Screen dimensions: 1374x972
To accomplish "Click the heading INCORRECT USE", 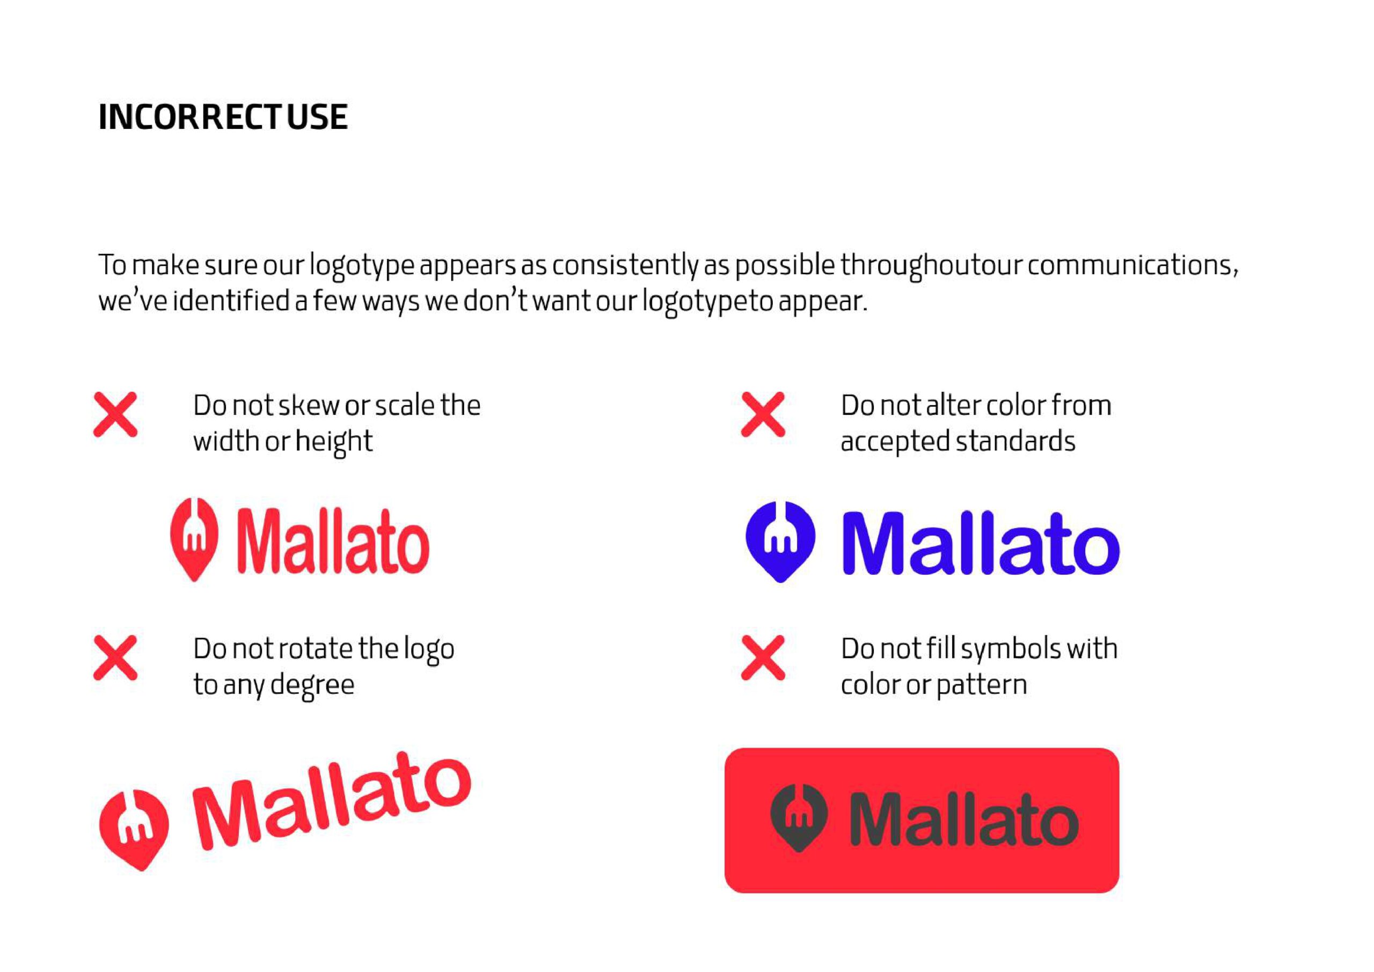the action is point(223,116).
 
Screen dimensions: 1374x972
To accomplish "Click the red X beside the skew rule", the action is point(115,414).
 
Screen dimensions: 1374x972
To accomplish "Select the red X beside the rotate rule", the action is point(115,658).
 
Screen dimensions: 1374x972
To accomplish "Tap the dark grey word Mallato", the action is point(964,820).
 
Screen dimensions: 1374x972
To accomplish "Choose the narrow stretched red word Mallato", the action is point(333,541).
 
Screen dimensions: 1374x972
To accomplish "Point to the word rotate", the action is point(324,649).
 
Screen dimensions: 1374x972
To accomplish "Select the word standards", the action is point(1015,442).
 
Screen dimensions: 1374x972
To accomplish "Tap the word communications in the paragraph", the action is point(1132,265).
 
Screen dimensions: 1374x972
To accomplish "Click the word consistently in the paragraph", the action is point(625,266).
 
